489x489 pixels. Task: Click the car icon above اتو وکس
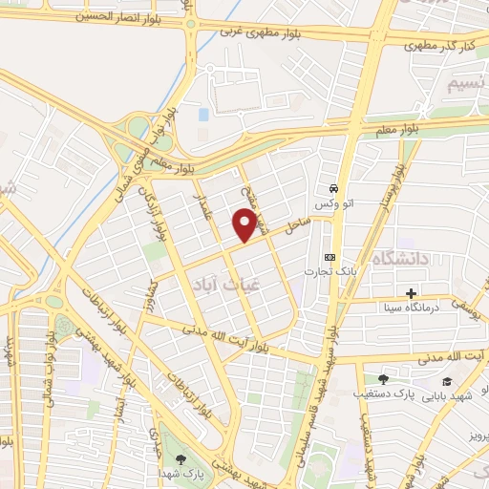[x=332, y=188]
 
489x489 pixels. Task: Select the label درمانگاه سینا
[x=411, y=308]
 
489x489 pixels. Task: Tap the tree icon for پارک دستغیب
[x=383, y=379]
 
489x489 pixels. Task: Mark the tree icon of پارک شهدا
[x=181, y=459]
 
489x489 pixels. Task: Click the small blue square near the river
[x=202, y=114]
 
